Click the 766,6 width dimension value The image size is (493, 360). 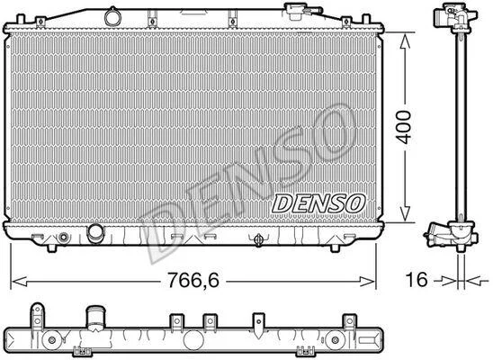(x=193, y=280)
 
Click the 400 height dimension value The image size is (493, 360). (x=403, y=127)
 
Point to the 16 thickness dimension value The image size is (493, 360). (x=417, y=279)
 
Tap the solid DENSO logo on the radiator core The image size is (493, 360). (x=318, y=203)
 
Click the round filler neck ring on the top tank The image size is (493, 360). (x=112, y=17)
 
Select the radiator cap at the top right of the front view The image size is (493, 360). (x=296, y=12)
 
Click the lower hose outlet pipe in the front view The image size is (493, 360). (x=94, y=233)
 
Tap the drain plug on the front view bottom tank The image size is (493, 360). (x=258, y=240)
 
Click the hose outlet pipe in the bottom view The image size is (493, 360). (x=95, y=318)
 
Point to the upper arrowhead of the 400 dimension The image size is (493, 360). (x=405, y=40)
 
